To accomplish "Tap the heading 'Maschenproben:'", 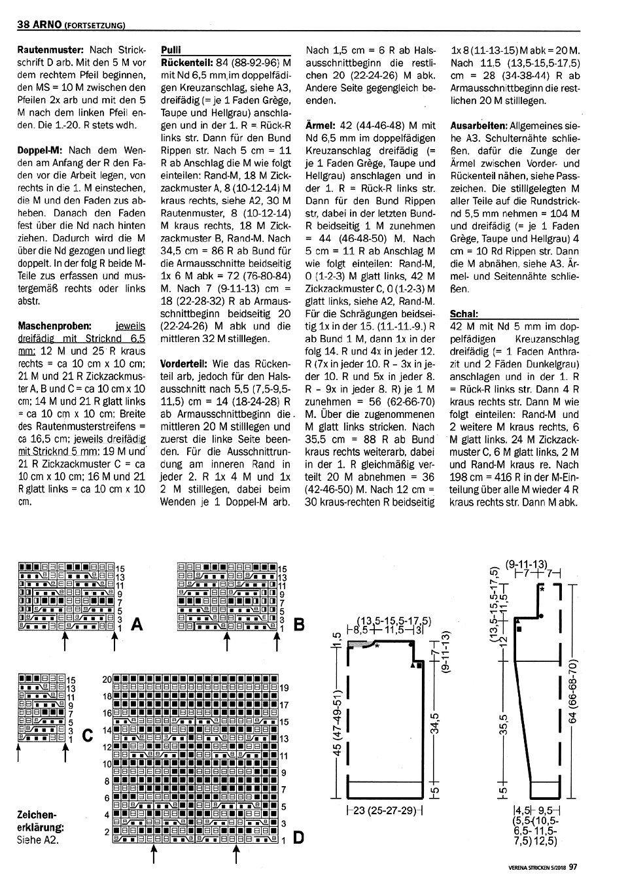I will click(x=55, y=325).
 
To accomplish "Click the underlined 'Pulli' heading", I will click(x=171, y=49).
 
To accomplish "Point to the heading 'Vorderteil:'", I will click(x=184, y=363).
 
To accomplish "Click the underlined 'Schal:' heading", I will click(x=464, y=313).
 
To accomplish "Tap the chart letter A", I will click(x=137, y=625).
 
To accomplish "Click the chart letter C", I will click(x=86, y=736).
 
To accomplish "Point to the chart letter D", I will click(x=298, y=837).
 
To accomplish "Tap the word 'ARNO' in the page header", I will click(x=46, y=26).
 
